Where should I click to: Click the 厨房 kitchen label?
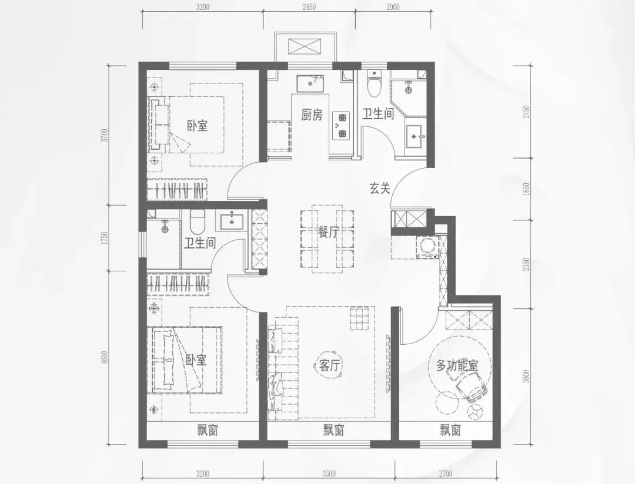point(312,115)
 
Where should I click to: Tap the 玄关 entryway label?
point(379,188)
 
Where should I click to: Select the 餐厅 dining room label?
point(329,232)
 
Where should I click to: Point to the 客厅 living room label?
point(329,365)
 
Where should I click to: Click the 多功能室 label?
point(457,366)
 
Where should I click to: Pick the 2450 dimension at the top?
point(309,7)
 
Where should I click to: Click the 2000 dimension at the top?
point(392,7)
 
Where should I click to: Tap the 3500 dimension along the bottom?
point(329,473)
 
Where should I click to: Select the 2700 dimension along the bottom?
point(445,473)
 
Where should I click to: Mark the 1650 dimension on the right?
point(526,189)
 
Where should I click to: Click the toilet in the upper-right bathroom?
point(374,84)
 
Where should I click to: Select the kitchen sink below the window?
point(310,83)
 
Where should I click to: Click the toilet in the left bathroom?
point(198,222)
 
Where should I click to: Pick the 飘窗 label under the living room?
point(334,430)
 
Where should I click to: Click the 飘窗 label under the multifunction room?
point(450,430)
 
